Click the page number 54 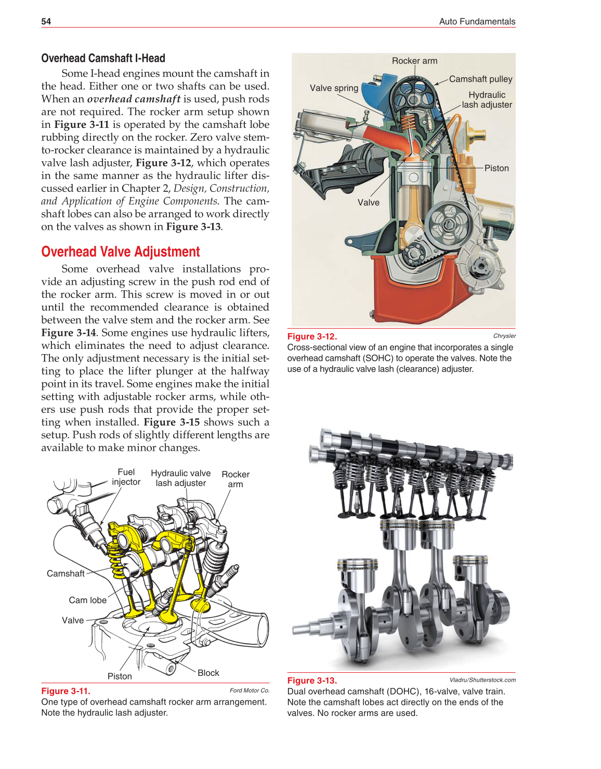[x=46, y=21]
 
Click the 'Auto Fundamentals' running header [x=477, y=21]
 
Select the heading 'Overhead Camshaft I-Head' [x=103, y=58]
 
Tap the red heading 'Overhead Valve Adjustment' [x=120, y=252]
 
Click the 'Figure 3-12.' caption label [x=312, y=336]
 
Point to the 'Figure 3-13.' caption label [x=312, y=681]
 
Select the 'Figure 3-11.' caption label [x=66, y=691]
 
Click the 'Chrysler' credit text [x=504, y=336]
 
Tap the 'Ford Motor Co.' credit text [x=250, y=690]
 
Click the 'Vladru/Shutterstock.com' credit [x=482, y=680]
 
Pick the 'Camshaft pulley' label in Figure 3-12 [x=480, y=79]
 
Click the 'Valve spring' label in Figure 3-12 [x=334, y=88]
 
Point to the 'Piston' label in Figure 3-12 [x=497, y=168]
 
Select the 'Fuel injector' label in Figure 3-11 [x=126, y=477]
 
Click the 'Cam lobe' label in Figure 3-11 [x=87, y=600]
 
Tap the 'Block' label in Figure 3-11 [x=208, y=673]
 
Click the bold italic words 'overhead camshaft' [x=134, y=99]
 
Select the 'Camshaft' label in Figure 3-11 [x=66, y=574]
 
